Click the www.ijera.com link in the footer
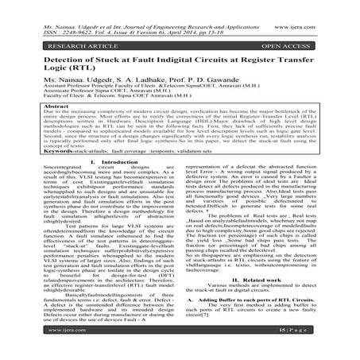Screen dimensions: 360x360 coord(56,349)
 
